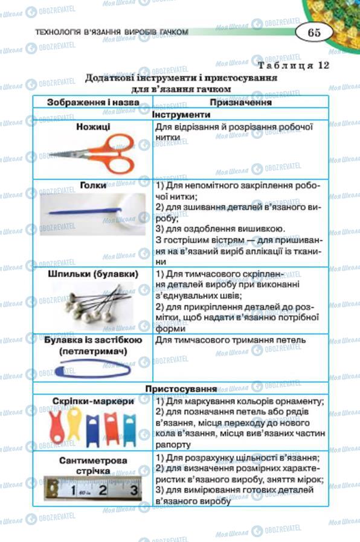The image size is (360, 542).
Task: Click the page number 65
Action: [314, 33]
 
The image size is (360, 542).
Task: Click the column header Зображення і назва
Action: [93, 103]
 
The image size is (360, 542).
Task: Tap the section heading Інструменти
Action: [181, 114]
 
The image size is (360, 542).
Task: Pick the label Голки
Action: [93, 185]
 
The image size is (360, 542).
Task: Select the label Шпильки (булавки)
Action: [93, 273]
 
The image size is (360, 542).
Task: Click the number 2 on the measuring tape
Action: [103, 490]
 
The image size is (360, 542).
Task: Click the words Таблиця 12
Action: [294, 66]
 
